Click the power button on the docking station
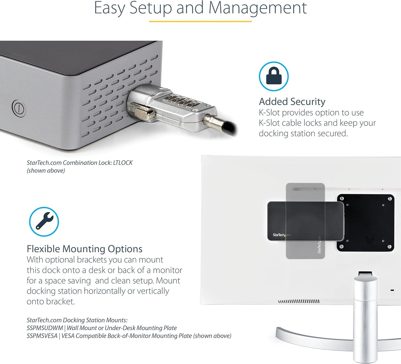pos(19,108)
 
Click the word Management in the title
pos(258,8)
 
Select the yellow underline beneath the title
pos(200,21)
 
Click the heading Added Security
pos(292,101)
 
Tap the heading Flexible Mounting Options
pos(85,249)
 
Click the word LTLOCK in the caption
pos(123,163)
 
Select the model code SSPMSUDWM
pos(45,328)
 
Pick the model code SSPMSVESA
pos(42,336)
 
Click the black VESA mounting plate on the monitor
pos(366,223)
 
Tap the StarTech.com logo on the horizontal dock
pos(281,235)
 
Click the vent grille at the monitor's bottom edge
pos(299,301)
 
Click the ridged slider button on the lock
pos(144,114)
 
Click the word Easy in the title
pos(110,8)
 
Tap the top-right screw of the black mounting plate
pos(390,198)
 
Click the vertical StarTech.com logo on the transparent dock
pos(319,245)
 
